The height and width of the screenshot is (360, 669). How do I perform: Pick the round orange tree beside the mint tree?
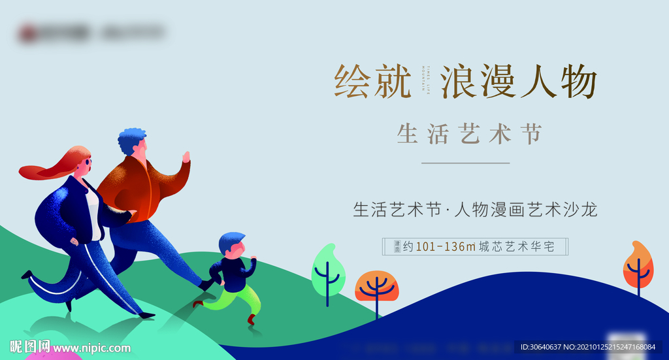(x=376, y=285)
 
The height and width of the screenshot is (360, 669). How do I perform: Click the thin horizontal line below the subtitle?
(x=465, y=163)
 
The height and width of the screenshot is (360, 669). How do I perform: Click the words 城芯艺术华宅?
(x=517, y=247)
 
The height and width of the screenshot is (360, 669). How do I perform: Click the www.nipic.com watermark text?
(x=91, y=348)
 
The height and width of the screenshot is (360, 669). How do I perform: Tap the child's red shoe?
(x=252, y=319)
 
